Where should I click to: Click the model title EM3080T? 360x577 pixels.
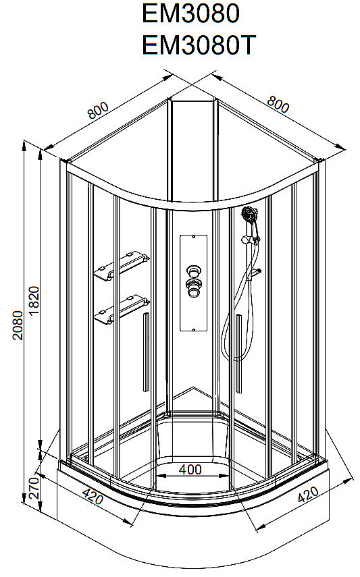point(199,45)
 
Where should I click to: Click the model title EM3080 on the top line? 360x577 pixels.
point(191,13)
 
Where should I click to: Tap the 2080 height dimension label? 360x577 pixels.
point(18,325)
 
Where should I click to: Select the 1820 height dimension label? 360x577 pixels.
point(34,300)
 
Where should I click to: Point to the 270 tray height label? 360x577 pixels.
point(34,488)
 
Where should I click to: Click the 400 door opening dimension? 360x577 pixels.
point(190,470)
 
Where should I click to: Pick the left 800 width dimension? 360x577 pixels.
point(98,110)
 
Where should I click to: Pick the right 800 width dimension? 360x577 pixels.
point(278,104)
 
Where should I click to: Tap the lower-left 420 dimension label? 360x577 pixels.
point(93,497)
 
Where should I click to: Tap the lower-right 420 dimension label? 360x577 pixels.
point(308,495)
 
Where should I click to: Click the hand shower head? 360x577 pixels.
point(249,214)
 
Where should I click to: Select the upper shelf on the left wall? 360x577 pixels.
point(122,265)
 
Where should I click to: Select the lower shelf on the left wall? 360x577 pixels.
point(122,309)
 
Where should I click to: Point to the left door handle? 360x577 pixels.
point(147,352)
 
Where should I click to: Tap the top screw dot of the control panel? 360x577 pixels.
point(194,238)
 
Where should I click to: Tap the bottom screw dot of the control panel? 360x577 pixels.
point(194,330)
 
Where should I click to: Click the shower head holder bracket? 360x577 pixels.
point(250,240)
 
